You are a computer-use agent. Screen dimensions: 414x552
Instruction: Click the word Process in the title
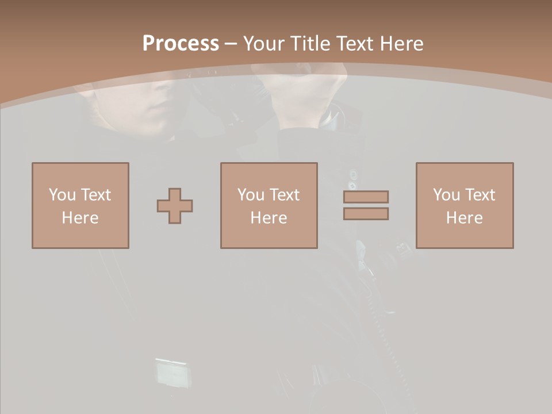click(x=181, y=44)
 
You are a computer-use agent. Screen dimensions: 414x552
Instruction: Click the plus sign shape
click(x=175, y=206)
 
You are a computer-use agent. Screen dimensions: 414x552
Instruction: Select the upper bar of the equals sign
click(x=366, y=197)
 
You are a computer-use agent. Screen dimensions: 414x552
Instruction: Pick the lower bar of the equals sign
click(x=366, y=214)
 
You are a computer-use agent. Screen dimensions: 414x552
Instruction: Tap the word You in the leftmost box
click(x=62, y=195)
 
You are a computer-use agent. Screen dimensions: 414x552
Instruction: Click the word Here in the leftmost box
click(x=80, y=218)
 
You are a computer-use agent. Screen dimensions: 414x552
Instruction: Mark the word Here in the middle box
click(x=269, y=218)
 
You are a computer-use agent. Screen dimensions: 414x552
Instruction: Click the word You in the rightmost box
click(x=446, y=195)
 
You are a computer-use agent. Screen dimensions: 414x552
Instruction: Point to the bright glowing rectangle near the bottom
click(x=171, y=372)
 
